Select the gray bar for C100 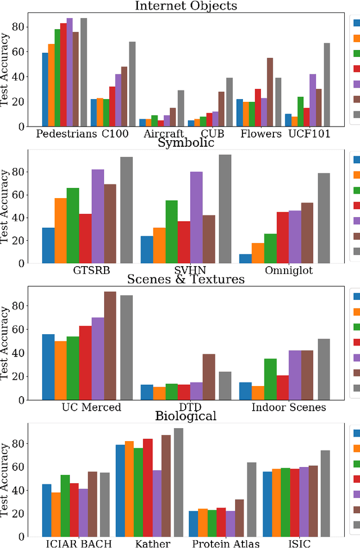click(132, 84)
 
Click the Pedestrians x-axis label click(66, 134)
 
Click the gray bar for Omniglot click(324, 218)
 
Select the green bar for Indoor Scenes click(270, 379)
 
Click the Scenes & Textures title click(186, 279)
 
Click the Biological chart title click(186, 416)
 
